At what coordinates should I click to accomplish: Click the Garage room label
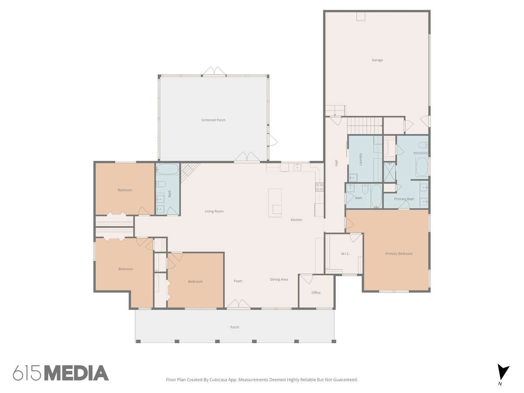377,60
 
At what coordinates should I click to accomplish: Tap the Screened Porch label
213,120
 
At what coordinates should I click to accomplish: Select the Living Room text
214,211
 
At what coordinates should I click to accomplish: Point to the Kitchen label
296,220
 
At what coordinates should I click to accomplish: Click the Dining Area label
279,279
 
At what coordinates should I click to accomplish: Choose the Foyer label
238,281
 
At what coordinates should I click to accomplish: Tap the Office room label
316,293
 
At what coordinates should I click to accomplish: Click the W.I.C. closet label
345,254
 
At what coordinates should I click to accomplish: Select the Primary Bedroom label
399,254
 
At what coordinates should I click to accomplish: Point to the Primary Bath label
404,199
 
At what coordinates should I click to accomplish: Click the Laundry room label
361,159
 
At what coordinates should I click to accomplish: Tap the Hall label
336,163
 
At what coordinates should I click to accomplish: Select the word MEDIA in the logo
77,373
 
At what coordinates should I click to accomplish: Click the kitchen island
275,203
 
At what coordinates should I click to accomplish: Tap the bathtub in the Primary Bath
421,167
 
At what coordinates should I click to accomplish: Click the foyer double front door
238,304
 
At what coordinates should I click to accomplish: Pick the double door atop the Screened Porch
214,71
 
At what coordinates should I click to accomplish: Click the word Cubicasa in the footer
218,379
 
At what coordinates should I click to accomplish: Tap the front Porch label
234,327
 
